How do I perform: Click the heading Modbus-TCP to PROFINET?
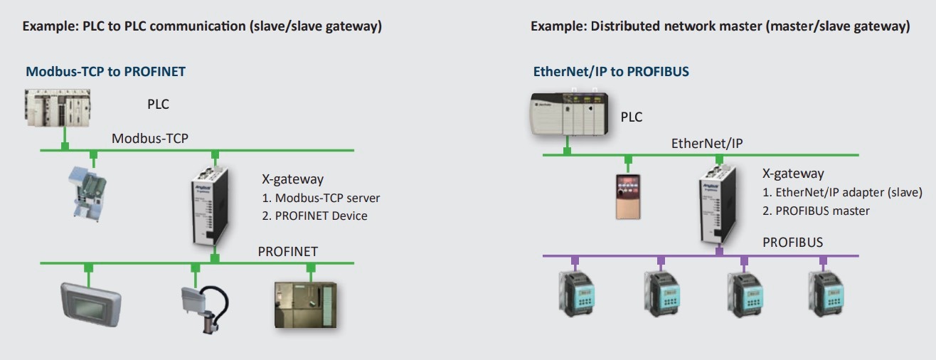pos(106,72)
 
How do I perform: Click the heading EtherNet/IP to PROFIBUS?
pos(611,72)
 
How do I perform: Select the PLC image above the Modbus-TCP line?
pos(57,107)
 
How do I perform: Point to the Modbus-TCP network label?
pos(149,138)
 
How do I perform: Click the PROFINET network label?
pos(287,251)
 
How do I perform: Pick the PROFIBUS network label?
pos(792,243)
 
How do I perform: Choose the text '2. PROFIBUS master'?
pos(816,211)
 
